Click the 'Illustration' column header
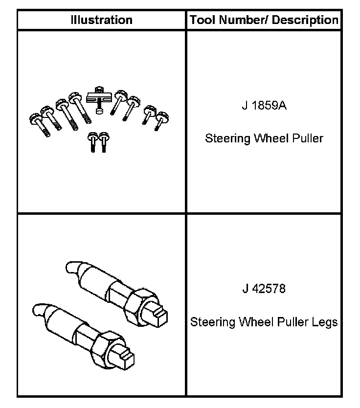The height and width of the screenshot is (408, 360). click(x=101, y=20)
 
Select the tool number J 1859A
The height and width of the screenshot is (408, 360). click(x=264, y=106)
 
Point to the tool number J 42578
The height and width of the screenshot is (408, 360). click(x=264, y=288)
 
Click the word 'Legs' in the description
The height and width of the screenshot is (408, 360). click(x=325, y=322)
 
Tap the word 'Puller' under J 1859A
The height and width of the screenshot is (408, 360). click(x=307, y=138)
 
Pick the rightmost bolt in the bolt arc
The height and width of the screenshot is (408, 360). click(x=161, y=119)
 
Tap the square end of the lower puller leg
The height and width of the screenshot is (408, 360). click(x=125, y=359)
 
